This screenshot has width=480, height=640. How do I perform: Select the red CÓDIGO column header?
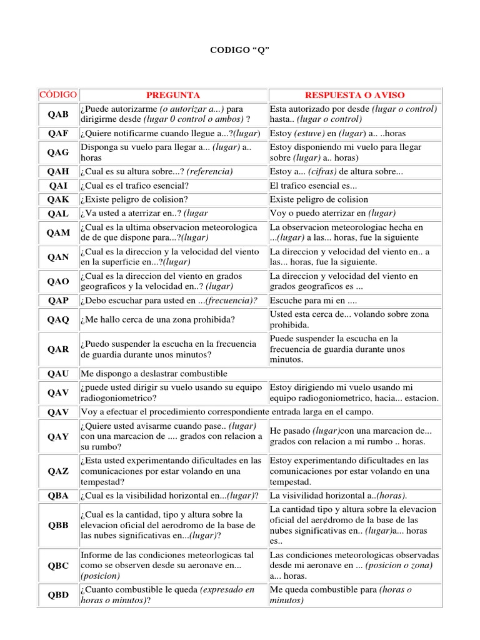tap(58, 95)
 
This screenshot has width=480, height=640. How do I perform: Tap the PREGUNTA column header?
tap(173, 95)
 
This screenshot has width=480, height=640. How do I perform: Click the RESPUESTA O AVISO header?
tap(354, 95)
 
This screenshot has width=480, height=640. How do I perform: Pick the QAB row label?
tap(58, 114)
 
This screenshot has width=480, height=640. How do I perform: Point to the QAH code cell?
tap(58, 171)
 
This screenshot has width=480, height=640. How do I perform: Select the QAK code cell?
tap(58, 199)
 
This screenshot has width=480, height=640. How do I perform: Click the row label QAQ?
tap(58, 320)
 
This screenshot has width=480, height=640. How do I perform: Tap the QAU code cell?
tap(58, 374)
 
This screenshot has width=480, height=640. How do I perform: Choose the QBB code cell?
tap(58, 525)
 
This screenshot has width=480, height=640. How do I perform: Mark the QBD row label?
tap(58, 595)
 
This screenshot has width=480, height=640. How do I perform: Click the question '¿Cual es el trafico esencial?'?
tap(135, 186)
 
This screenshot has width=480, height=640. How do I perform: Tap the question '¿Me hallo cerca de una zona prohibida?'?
tap(157, 320)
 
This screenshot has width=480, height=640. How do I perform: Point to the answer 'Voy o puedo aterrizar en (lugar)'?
tap(332, 213)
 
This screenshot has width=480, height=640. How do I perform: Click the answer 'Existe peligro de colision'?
tap(319, 199)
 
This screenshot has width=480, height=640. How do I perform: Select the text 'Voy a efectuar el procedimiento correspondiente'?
tap(174, 412)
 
